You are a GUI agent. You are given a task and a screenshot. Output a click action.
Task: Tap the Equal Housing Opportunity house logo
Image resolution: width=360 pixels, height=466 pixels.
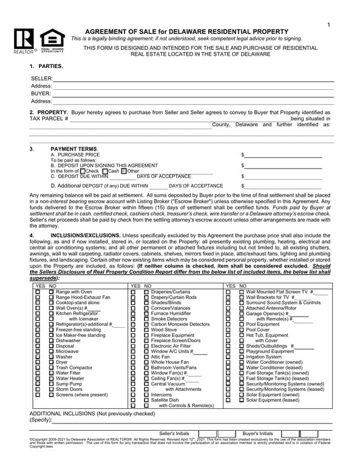tap(50, 39)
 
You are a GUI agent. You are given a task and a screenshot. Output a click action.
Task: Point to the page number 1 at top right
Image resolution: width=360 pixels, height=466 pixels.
tap(328, 24)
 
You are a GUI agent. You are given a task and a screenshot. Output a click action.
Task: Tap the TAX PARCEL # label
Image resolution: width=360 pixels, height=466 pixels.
tap(49, 118)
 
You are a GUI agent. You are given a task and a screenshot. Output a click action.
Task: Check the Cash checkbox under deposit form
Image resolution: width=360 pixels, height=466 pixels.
tap(105, 171)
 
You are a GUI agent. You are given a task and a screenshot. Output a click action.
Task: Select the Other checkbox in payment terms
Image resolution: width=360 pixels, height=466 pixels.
tap(124, 171)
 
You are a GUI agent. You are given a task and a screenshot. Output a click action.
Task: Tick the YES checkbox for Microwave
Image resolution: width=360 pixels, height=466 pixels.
tap(38, 351)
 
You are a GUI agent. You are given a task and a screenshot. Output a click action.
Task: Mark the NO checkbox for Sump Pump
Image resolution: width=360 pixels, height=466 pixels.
tap(52, 384)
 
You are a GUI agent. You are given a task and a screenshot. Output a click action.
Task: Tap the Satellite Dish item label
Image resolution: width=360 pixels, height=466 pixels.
tap(165, 400)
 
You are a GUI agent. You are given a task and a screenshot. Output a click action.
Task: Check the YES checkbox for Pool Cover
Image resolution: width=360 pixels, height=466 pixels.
tap(228, 329)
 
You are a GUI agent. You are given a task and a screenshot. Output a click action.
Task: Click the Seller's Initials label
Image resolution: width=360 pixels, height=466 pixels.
tap(174, 433)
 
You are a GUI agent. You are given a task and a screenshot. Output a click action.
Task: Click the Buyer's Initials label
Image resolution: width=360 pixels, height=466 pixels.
tap(258, 433)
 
